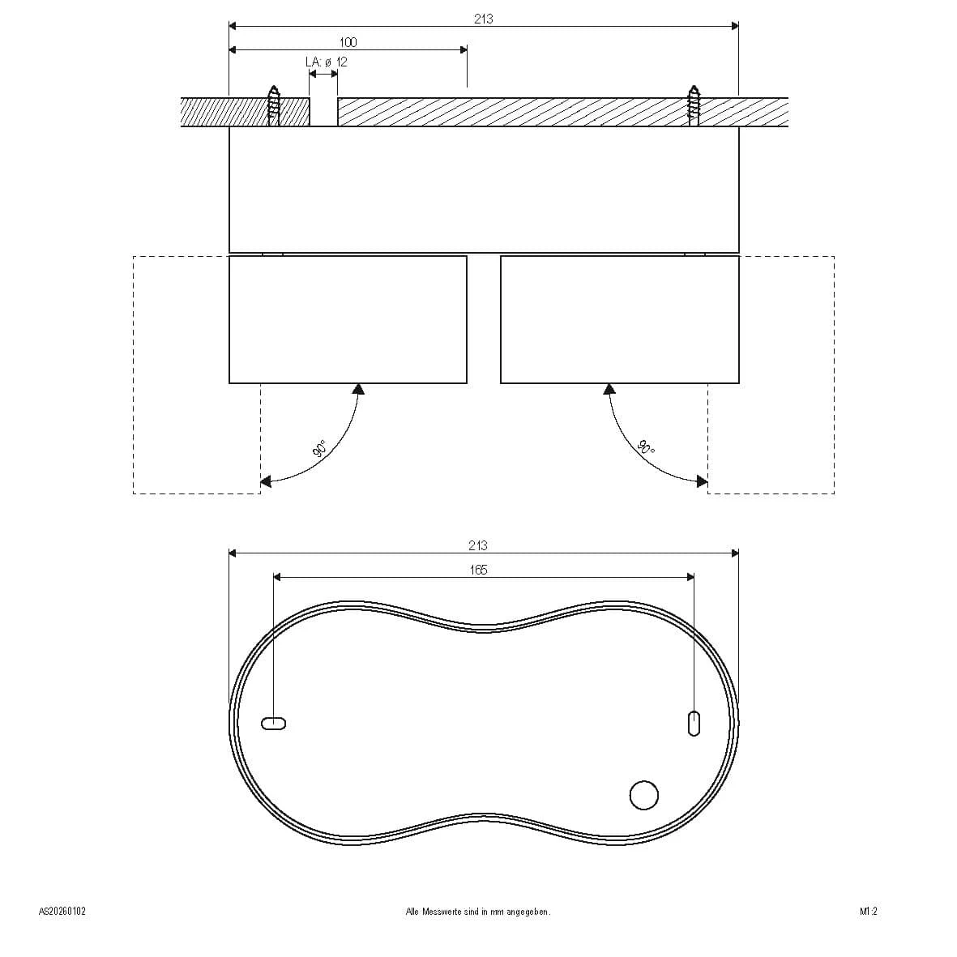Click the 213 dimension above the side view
[484, 19]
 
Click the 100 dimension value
[348, 43]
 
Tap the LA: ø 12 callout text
[327, 62]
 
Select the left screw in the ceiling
[274, 105]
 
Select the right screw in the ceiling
[694, 105]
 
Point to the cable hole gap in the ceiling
[323, 112]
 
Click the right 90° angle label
[646, 448]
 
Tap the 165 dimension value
[478, 570]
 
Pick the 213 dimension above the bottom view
[478, 545]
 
